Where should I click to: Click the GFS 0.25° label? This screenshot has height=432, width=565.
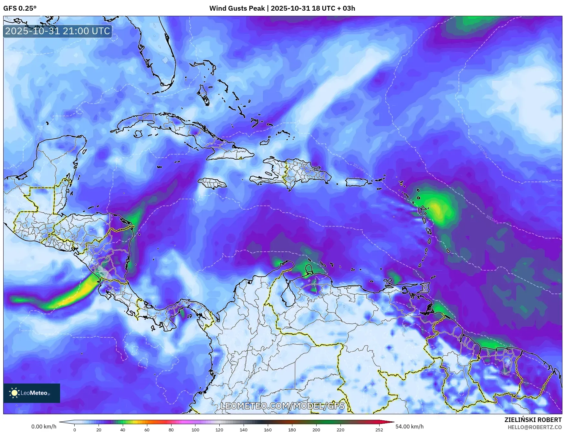tap(20, 8)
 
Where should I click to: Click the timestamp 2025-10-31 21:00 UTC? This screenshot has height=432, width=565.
tap(58, 31)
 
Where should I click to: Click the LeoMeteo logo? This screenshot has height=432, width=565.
tap(31, 393)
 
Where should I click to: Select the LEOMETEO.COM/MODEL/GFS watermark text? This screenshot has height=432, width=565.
tap(282, 406)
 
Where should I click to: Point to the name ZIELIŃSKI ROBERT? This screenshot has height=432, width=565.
tap(533, 420)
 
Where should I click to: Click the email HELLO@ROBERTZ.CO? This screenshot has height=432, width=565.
tap(534, 427)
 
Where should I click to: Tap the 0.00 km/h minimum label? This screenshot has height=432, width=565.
tap(44, 427)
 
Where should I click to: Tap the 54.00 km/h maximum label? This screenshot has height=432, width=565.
tap(409, 427)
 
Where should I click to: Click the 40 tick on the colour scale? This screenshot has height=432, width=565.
tap(123, 429)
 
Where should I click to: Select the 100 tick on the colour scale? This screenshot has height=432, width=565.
tap(195, 429)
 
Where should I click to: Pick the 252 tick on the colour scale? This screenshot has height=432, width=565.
tap(379, 429)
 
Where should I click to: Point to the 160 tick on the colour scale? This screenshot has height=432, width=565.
tap(268, 429)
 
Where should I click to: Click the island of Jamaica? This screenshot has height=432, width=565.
tap(212, 184)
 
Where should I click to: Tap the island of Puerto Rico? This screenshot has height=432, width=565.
tap(357, 182)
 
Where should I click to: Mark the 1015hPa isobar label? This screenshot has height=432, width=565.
tap(492, 219)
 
